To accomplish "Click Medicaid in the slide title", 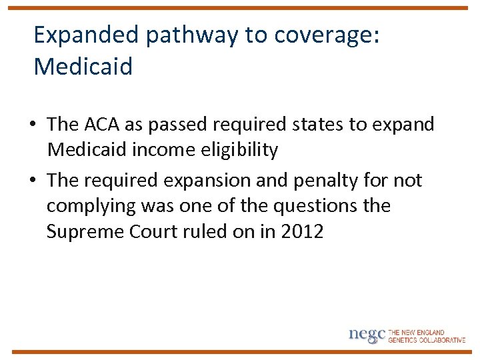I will pos(83,67).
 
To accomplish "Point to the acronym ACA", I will pos(102,124).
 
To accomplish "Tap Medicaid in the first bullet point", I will pos(87,149).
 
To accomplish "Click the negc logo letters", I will pos(367,335).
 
